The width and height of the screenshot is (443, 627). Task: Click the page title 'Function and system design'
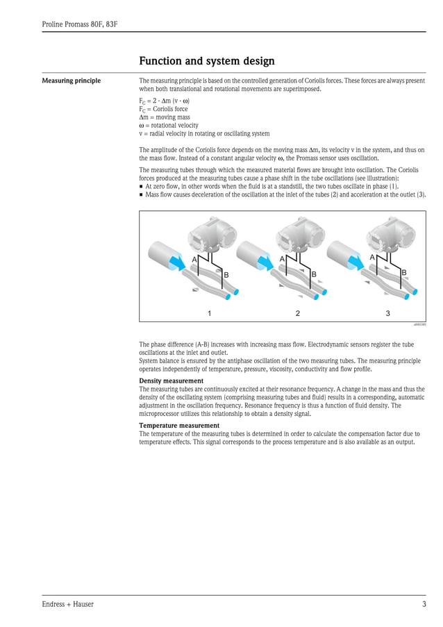coord(206,61)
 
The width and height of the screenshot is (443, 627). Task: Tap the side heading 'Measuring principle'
coord(71,81)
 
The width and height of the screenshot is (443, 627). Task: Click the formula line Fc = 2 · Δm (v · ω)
coord(164,101)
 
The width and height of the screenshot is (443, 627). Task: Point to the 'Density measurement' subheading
coord(171,381)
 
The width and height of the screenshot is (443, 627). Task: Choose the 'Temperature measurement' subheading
coord(179,426)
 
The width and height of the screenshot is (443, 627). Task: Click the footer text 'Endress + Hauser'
coord(67,604)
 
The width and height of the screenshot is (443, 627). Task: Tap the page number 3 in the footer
coord(424,604)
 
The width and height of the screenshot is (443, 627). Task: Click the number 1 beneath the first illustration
coord(210,313)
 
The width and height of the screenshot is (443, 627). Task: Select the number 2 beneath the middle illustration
coord(297,313)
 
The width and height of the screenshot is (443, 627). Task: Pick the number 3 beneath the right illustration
coord(387,313)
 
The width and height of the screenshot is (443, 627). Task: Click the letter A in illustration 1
coord(194,259)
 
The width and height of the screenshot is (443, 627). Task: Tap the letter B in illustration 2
coord(314,275)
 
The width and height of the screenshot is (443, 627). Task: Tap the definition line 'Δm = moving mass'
coord(165,117)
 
